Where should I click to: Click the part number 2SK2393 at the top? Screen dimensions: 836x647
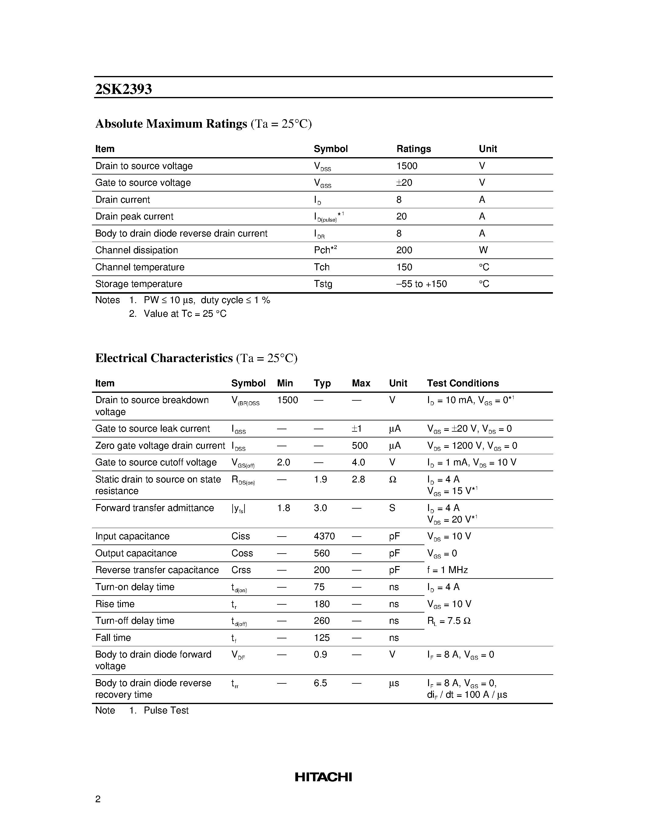coord(123,89)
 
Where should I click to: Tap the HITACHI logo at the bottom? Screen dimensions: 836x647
coord(323,777)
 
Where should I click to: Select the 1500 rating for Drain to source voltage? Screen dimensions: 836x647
coord(407,166)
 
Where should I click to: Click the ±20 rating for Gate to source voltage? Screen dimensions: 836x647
coord(404,183)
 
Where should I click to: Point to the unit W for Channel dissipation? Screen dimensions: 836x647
coord(483,250)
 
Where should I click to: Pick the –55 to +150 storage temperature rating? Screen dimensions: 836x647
coord(422,284)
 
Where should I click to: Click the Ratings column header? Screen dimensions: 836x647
coord(413,149)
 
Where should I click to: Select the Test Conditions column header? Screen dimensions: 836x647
coord(462,383)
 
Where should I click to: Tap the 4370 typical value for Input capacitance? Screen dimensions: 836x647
coord(324,536)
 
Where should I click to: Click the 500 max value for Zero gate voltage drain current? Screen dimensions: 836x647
coord(360,446)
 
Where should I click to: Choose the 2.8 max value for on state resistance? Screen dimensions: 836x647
coord(358,479)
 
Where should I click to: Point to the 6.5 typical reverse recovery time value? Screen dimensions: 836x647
coord(320,683)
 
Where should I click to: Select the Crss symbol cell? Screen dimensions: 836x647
coord(241,570)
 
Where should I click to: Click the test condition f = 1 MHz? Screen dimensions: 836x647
coord(447,570)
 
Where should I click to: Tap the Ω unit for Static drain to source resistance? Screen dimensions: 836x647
coord(392,479)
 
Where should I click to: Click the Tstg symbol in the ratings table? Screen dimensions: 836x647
coord(323,284)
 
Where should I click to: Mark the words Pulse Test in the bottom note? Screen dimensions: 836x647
coord(166,710)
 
